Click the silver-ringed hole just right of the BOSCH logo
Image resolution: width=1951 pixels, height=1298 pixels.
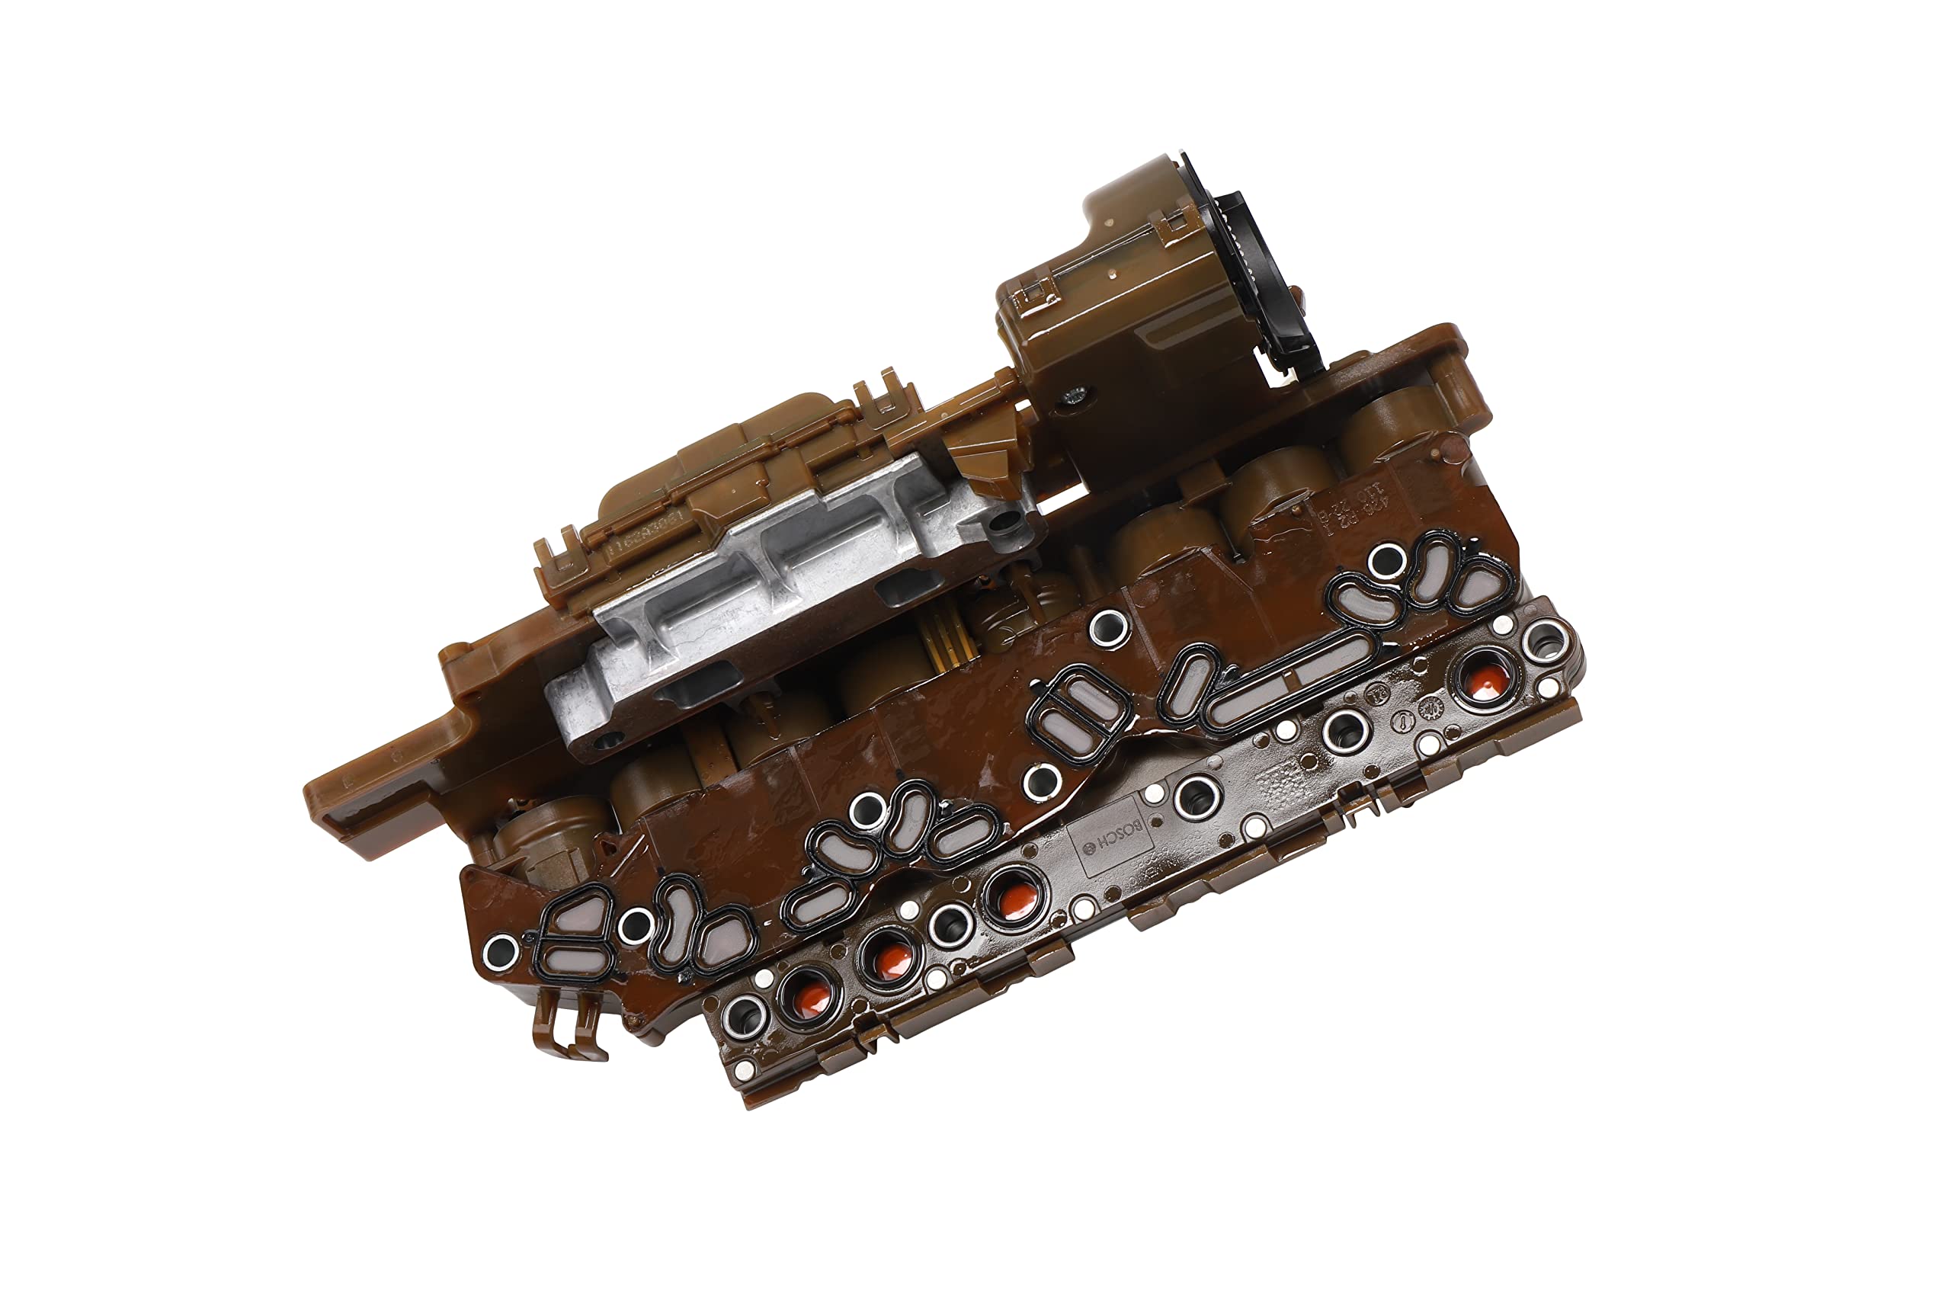1193,794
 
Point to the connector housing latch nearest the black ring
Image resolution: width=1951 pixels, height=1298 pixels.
1174,222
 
